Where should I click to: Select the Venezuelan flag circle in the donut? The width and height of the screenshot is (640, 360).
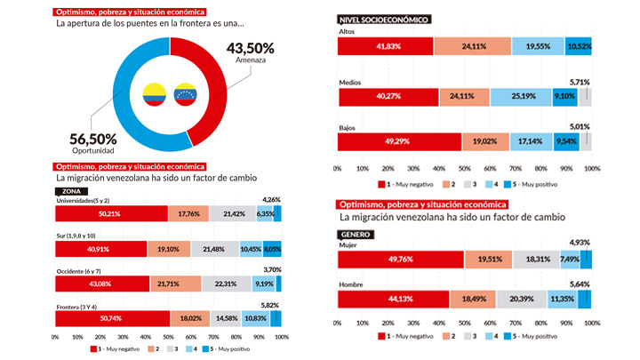(x=187, y=92)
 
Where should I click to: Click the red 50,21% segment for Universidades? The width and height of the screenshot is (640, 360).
(x=111, y=213)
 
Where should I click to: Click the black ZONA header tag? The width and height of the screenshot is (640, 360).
(x=70, y=190)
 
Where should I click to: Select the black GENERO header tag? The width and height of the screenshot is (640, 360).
(x=358, y=235)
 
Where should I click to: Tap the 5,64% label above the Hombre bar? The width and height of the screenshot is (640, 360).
(x=579, y=284)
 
